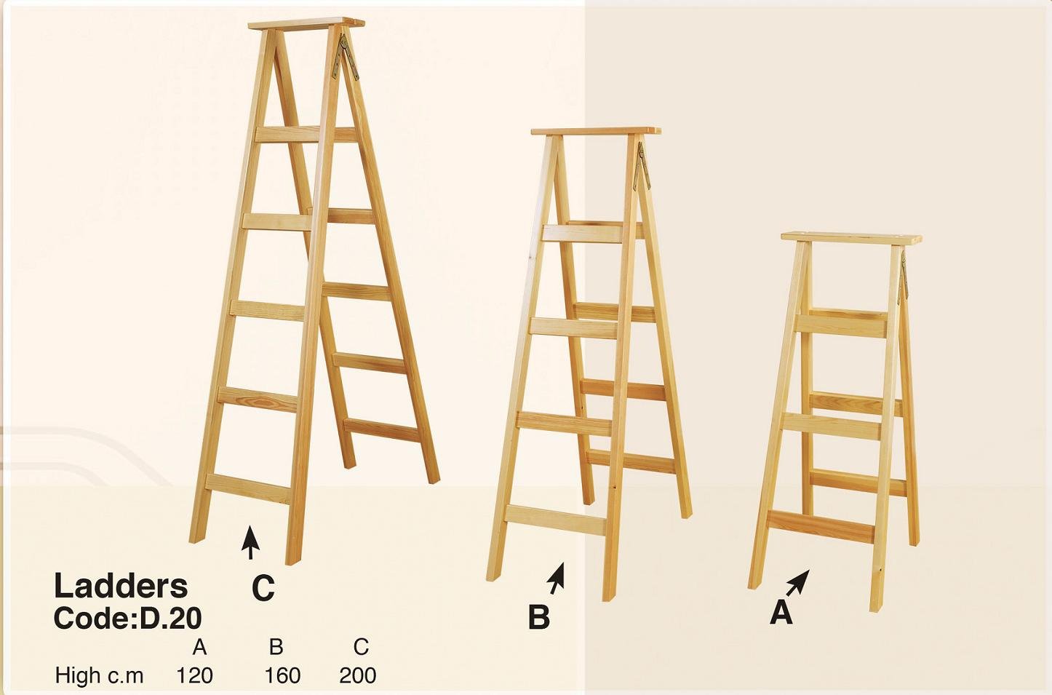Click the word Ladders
[121, 586]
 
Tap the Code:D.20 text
[127, 618]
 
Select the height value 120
[194, 675]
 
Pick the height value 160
[282, 675]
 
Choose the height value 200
[357, 675]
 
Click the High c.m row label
[99, 675]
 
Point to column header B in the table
[276, 646]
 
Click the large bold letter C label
[263, 588]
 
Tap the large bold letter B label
[539, 617]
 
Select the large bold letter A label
[781, 613]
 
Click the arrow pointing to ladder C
[250, 542]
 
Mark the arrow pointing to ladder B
[557, 577]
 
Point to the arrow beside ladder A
[798, 582]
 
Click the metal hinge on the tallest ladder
[347, 55]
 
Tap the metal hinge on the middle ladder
[641, 166]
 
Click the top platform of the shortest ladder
[851, 239]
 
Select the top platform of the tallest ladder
[306, 23]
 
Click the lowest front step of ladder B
[556, 519]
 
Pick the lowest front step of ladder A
[821, 526]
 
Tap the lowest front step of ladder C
[247, 488]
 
